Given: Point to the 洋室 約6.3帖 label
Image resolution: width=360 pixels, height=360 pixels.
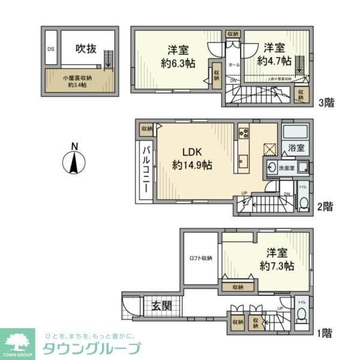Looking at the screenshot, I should tap(175, 55).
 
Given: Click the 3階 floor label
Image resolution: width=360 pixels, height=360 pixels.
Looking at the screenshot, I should tap(326, 103).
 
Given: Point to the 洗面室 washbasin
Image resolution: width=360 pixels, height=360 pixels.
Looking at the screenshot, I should tap(272, 169).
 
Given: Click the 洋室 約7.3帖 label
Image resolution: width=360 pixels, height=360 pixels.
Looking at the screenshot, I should tap(272, 259).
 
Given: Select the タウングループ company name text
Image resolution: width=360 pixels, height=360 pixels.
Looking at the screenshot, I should tap(91, 349).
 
